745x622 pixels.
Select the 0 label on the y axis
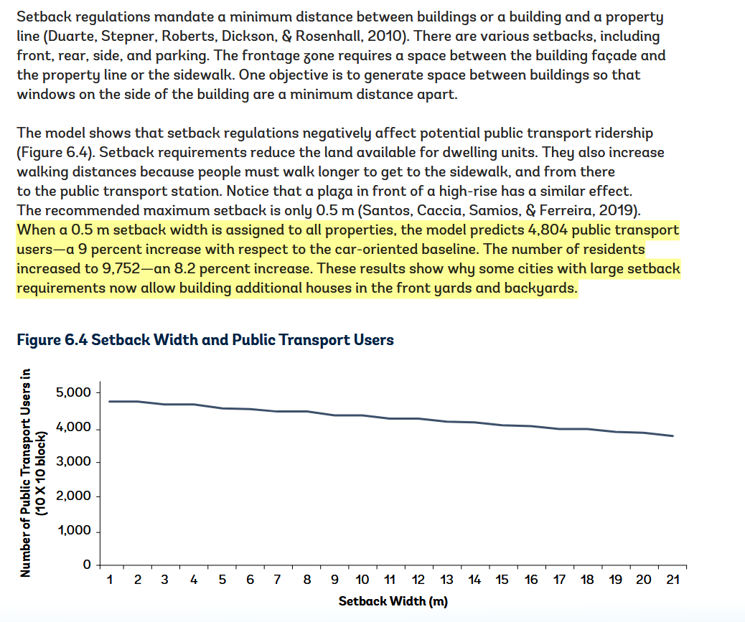click(86, 565)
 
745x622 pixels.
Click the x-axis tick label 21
click(673, 580)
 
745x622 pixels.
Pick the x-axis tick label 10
click(362, 580)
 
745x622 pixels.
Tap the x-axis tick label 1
click(109, 580)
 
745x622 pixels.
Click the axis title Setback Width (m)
click(393, 601)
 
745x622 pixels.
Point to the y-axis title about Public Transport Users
click(32, 472)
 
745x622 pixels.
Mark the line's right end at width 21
click(673, 435)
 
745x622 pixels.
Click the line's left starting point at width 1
click(109, 401)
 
